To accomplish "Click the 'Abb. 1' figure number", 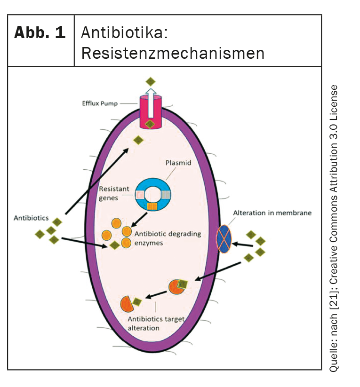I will (40, 32).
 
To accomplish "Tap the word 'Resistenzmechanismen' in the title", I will (172, 53).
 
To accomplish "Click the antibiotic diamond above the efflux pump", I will (151, 82).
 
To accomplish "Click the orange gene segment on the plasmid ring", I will (151, 205).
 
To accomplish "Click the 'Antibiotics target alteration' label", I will (156, 324).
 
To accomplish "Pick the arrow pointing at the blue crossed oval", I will (244, 244).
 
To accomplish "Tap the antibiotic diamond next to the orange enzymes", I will (114, 245).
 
